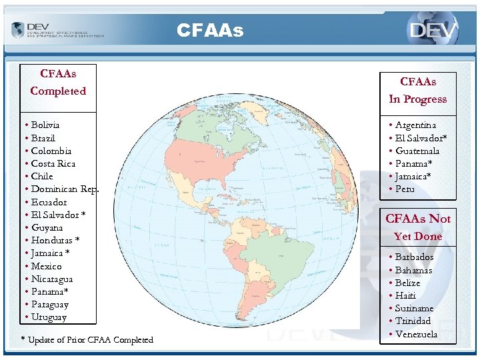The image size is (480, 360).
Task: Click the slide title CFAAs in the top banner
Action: [210, 30]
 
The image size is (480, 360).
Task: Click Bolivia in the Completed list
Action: [45, 125]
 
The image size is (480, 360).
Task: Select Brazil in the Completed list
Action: [43, 138]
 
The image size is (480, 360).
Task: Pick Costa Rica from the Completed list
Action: [53, 163]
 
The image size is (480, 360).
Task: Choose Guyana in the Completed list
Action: [47, 227]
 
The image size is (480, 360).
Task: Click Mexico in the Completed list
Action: [46, 266]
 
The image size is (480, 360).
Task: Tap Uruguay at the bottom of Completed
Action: [49, 317]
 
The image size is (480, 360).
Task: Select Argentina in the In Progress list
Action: [415, 125]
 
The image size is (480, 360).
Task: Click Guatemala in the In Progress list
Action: [417, 151]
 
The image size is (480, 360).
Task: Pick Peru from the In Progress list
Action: [405, 189]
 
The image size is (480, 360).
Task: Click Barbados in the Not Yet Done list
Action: [414, 257]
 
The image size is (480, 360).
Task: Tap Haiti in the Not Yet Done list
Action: [405, 295]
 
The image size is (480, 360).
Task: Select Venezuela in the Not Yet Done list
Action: [416, 334]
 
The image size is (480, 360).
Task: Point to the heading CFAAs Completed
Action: [58, 82]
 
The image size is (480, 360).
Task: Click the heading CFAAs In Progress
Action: [418, 91]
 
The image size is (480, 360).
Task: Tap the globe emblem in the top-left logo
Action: [18, 30]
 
